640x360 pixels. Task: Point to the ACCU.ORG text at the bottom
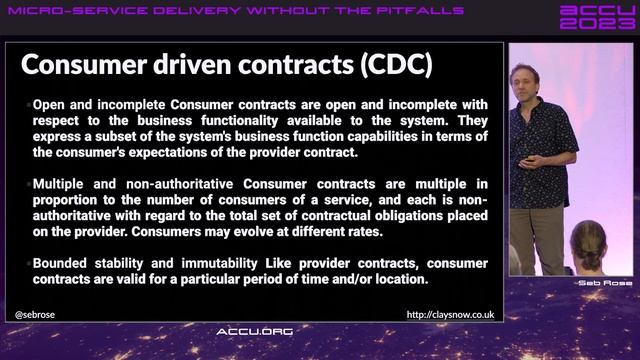tap(255, 331)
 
